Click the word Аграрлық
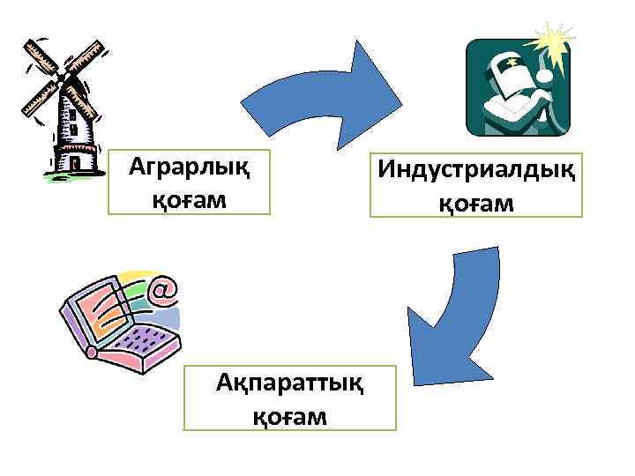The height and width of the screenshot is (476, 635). click(x=187, y=165)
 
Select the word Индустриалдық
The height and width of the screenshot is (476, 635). click(x=477, y=167)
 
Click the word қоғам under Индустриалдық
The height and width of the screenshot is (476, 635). click(x=476, y=204)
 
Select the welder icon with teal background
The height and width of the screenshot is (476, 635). click(x=518, y=88)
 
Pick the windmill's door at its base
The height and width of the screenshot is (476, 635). click(x=74, y=162)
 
